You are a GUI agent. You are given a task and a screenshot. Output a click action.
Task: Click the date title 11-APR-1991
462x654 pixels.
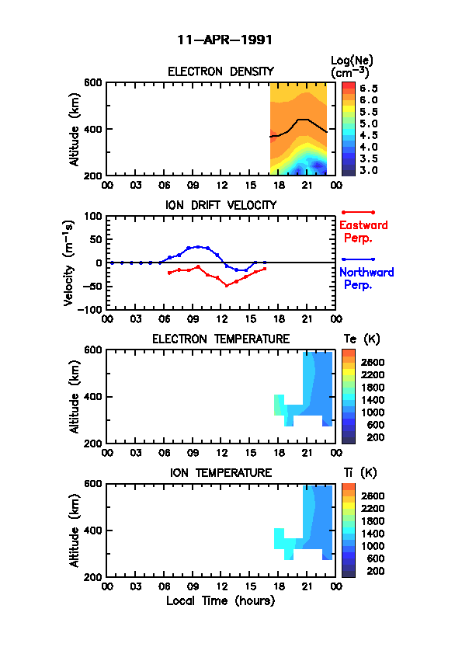click(224, 40)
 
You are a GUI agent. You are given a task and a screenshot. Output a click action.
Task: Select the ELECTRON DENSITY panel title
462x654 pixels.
click(221, 71)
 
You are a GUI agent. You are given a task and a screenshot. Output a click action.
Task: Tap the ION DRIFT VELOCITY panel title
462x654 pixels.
click(221, 205)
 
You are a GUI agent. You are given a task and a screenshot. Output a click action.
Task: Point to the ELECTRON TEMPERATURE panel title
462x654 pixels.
click(221, 339)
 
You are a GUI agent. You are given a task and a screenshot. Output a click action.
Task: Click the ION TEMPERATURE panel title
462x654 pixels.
click(221, 473)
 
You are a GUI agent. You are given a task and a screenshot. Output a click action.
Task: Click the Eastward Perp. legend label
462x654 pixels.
click(363, 232)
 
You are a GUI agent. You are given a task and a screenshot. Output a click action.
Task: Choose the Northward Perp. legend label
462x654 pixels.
click(366, 279)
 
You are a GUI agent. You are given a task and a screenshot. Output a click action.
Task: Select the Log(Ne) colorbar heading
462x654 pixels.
click(352, 67)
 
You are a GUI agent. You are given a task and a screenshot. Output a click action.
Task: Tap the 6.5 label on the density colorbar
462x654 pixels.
click(369, 89)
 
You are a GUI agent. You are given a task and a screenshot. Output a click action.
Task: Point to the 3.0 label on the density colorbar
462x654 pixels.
click(369, 171)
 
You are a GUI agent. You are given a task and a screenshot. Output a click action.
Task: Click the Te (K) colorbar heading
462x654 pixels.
click(362, 339)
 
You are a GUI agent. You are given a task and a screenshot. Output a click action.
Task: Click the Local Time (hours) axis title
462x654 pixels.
click(221, 601)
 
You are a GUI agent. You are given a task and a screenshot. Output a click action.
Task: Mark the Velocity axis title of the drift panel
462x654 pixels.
click(69, 263)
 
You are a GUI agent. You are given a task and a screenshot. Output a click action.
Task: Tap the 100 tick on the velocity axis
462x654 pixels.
click(93, 217)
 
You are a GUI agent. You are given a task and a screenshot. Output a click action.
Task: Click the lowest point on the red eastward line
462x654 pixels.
click(227, 286)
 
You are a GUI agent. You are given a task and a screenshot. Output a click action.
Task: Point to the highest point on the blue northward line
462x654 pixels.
click(198, 247)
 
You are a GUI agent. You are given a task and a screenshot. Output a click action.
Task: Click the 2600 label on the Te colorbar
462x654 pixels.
click(373, 363)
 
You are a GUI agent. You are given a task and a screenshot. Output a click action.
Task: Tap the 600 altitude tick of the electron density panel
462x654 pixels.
click(93, 82)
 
